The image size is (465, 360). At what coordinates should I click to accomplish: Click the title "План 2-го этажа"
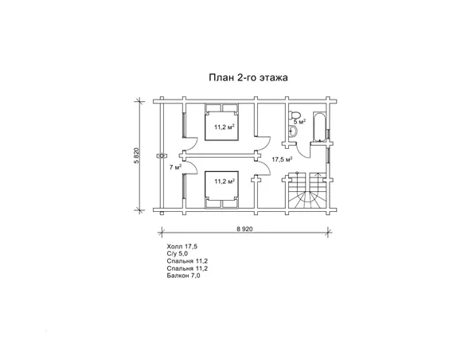(x=248, y=78)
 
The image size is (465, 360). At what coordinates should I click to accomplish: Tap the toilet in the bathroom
(x=295, y=115)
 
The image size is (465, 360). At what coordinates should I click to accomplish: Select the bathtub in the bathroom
(x=319, y=127)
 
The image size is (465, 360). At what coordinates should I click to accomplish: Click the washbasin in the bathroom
(x=293, y=131)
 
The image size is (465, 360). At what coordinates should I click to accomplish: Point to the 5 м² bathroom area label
(x=299, y=122)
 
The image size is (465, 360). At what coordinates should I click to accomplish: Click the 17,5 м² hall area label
(x=282, y=159)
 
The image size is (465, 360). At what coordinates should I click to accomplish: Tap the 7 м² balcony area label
(x=175, y=167)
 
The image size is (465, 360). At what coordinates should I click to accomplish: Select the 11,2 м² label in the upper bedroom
(x=225, y=127)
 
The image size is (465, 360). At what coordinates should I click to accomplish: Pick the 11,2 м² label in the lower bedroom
(x=225, y=181)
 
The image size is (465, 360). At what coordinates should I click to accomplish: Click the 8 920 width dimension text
(x=244, y=229)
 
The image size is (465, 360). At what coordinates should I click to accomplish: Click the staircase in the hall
(x=307, y=190)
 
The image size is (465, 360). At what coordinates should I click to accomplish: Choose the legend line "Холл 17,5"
(x=182, y=246)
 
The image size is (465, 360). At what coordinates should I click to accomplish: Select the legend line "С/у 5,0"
(x=178, y=254)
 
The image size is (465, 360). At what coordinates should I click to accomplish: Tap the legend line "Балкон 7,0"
(x=183, y=276)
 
